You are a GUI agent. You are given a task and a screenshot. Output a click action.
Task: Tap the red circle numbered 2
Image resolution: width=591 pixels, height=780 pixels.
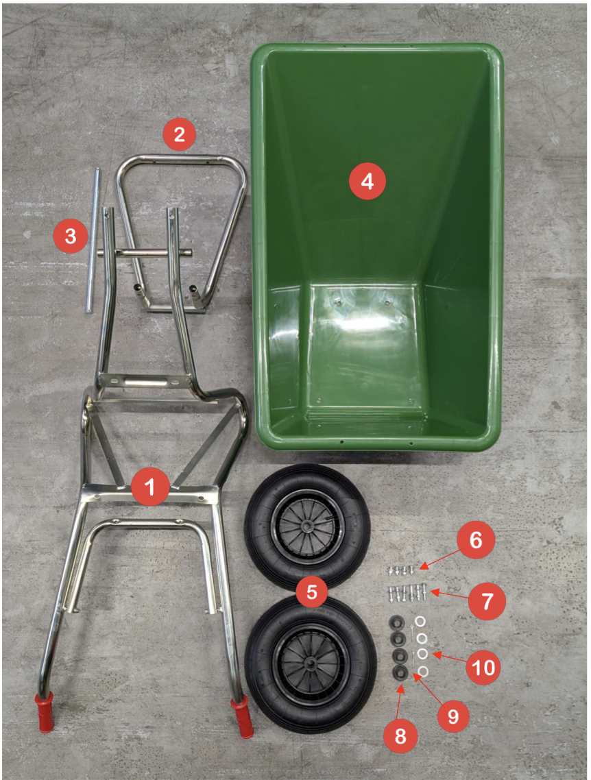[x=179, y=134]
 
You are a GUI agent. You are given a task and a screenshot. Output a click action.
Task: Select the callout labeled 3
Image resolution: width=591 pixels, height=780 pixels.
[x=71, y=236]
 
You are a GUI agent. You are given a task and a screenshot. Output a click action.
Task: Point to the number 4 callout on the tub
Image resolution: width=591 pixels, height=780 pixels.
[x=367, y=182]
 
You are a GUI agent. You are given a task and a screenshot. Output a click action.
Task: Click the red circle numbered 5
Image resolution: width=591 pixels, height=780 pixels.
[x=312, y=592]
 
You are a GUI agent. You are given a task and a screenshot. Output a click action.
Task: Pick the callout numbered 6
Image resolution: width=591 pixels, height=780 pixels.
[x=476, y=540]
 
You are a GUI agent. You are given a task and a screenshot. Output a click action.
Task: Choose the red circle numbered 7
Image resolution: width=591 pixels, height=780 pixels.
[x=487, y=601]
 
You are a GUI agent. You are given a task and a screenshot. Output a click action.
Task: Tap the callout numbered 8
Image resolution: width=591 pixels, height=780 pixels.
[x=400, y=737]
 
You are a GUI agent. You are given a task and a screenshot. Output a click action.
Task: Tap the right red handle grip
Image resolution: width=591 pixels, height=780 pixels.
[x=242, y=717]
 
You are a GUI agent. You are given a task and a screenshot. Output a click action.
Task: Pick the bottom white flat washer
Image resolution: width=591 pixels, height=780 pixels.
[x=423, y=672]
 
